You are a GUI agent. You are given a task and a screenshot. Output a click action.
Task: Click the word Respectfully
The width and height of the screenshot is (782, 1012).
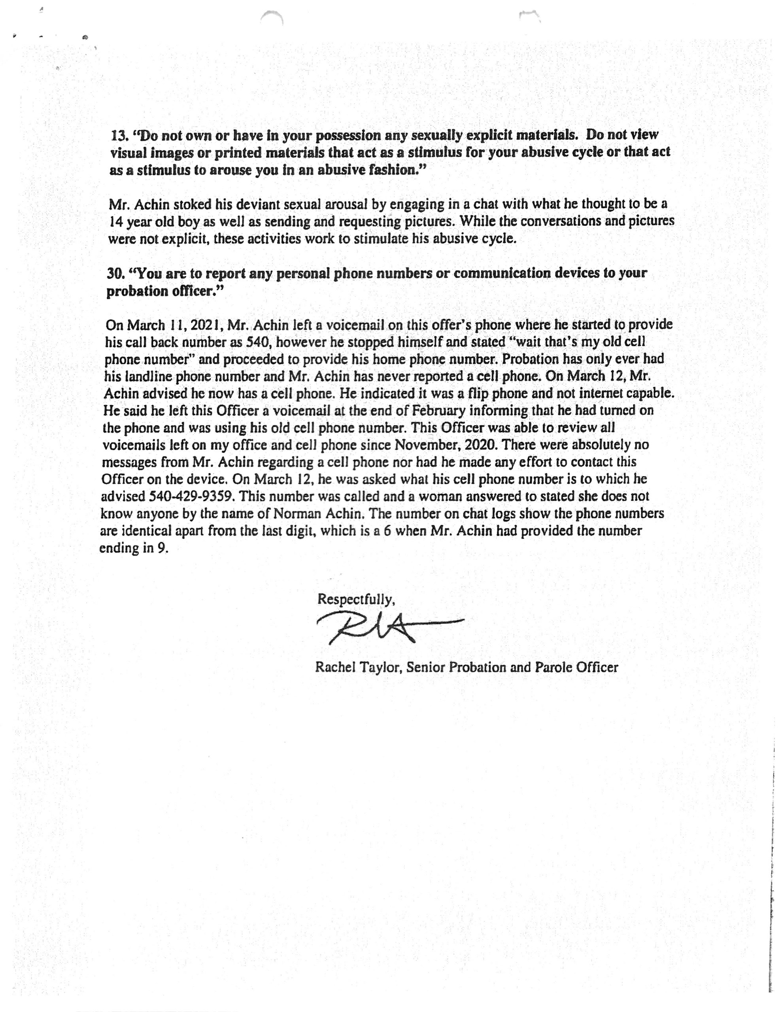tap(355, 599)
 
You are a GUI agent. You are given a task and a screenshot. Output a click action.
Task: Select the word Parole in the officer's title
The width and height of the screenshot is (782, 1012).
tap(553, 667)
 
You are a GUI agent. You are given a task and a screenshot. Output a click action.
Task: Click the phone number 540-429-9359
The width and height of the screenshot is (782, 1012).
tap(191, 496)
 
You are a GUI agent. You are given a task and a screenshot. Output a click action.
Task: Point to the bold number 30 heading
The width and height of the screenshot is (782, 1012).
tap(116, 274)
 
